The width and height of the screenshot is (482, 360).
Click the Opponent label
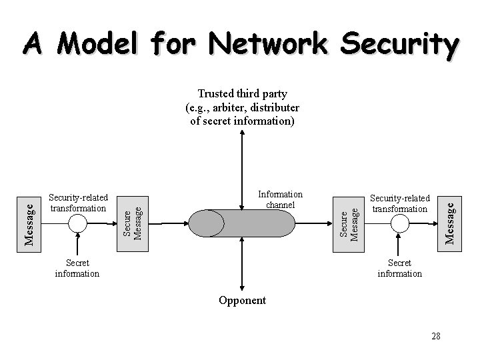242,300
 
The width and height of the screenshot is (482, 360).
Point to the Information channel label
280,199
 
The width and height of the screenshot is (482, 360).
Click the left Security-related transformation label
79,203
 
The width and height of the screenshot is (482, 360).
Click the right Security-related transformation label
400,203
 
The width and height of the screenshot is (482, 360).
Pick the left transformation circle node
79,223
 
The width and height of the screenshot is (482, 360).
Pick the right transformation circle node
399,223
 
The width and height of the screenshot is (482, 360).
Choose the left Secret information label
77,268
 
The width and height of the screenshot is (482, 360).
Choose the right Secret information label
399,268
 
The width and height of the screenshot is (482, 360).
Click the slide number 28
435,335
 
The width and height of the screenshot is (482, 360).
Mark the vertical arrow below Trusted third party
241,167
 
